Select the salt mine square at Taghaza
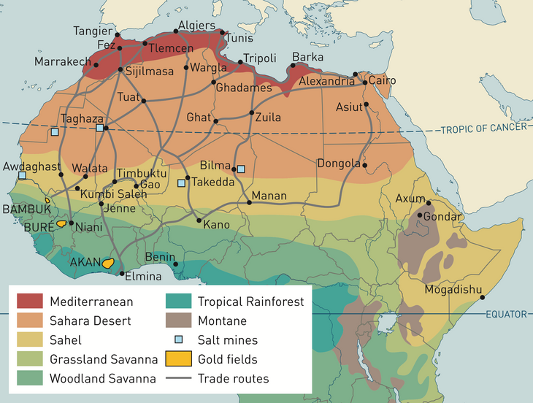tap(100, 128)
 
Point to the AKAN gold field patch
tap(110, 263)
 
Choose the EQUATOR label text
tap(505, 314)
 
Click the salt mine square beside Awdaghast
tap(22, 176)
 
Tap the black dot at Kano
tap(199, 220)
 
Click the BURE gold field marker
tap(62, 224)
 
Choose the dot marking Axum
tap(429, 203)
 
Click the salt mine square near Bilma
tap(241, 169)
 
